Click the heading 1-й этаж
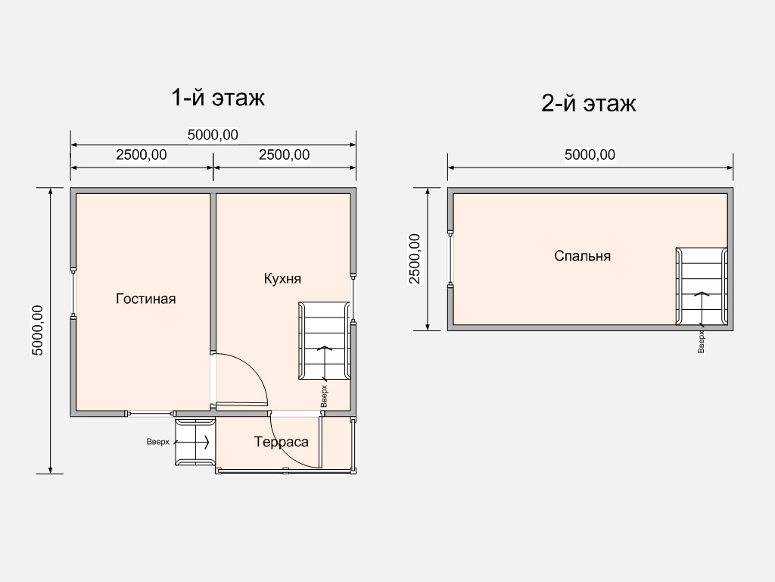[217, 98]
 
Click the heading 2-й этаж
[588, 103]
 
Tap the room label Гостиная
[146, 299]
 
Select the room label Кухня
[283, 279]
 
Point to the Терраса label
[282, 442]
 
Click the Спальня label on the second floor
[582, 256]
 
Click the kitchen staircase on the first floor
[324, 341]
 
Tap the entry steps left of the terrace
[195, 442]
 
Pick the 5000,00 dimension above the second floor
[590, 155]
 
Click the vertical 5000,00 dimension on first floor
[38, 330]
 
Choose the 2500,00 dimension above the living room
[142, 155]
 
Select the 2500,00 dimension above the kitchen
[285, 155]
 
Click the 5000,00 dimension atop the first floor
[213, 135]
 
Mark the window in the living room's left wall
[73, 293]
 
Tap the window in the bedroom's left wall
[450, 259]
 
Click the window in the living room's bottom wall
[150, 413]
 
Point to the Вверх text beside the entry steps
[157, 442]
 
